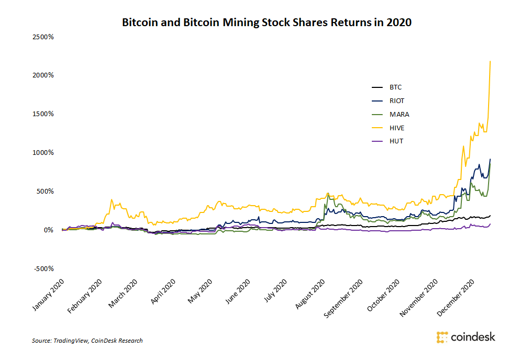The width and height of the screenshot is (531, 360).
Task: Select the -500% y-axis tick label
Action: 44,268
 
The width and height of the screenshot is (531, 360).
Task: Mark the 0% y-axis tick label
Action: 48,230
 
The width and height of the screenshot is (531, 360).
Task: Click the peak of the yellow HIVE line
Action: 490,62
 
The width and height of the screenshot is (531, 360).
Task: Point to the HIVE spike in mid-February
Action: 112,199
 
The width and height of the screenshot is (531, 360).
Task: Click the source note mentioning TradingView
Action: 87,341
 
